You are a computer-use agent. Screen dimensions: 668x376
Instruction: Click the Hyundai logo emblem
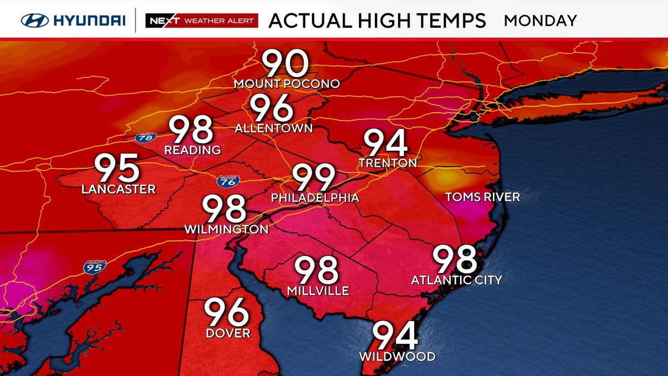coord(35,20)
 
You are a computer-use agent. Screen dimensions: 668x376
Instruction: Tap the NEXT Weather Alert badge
coord(201,20)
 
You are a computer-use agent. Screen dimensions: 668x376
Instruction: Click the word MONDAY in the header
coord(540,21)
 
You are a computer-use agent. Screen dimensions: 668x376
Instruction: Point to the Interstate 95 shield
coord(95,266)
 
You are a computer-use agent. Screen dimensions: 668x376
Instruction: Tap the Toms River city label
coord(483,197)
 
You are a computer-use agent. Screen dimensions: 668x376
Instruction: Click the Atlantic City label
coord(456,280)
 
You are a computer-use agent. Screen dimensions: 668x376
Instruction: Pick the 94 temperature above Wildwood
coord(395,336)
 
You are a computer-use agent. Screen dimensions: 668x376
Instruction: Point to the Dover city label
coord(228,333)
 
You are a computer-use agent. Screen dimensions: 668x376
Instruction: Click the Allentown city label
coord(274,128)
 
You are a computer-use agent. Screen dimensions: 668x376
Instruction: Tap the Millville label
coord(318,291)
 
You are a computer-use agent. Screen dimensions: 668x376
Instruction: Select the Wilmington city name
coord(226,229)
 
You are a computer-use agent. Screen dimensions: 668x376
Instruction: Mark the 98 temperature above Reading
coord(191,130)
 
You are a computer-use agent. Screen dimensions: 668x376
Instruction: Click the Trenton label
coord(388,163)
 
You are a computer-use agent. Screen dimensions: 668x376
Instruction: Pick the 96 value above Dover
coord(227,312)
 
